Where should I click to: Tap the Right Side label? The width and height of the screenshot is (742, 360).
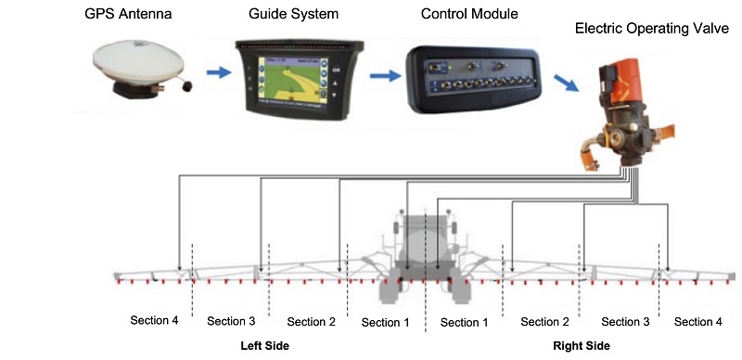pyautogui.click(x=582, y=346)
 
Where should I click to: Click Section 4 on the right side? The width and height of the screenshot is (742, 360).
pyautogui.click(x=697, y=322)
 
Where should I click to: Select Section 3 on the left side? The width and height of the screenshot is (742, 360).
pyautogui.click(x=231, y=322)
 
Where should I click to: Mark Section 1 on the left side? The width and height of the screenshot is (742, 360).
pyautogui.click(x=385, y=323)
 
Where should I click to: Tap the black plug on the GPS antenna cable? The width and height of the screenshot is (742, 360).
pyautogui.click(x=189, y=87)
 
